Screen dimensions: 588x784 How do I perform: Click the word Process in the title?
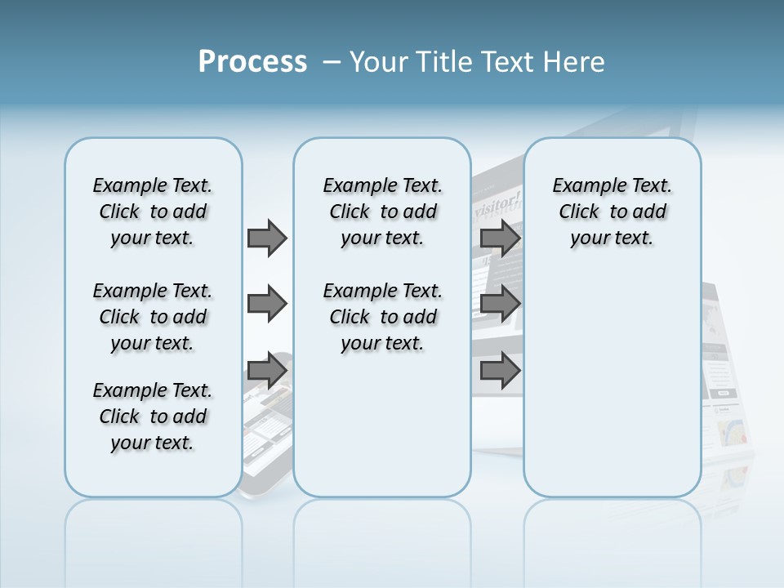pos(252,62)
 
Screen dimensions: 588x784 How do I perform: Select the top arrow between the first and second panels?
pos(267,238)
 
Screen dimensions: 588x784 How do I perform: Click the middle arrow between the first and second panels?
pos(267,305)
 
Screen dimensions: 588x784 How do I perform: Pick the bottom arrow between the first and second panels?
pos(267,372)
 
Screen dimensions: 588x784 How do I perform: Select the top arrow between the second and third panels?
pos(500,238)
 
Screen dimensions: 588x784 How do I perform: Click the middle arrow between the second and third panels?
pos(500,305)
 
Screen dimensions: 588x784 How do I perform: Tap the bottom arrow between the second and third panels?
pos(500,372)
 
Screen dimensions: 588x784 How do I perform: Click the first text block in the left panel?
pos(153,212)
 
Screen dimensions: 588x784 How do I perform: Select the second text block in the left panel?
pos(153,317)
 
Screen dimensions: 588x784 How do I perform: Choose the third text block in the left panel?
pos(153,416)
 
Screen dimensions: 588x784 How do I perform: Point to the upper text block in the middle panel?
pos(382,212)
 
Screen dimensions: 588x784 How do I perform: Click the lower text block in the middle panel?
pos(382,317)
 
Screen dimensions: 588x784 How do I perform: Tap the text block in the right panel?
pos(612,212)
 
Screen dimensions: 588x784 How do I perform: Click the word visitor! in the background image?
pos(497,201)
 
